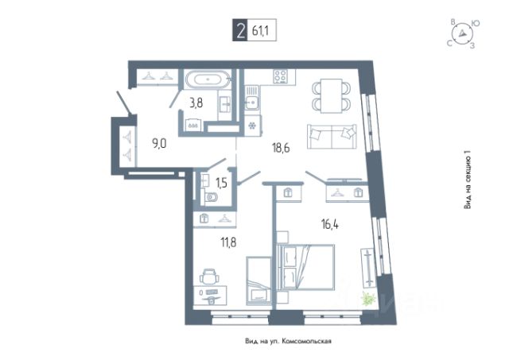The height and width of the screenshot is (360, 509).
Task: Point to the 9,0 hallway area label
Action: (x=159, y=144)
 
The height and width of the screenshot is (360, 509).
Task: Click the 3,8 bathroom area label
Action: (x=196, y=101)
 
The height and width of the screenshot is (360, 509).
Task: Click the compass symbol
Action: (x=460, y=33)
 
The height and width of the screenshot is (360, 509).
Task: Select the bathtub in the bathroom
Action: (x=208, y=79)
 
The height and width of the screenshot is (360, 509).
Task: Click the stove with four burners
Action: (x=280, y=78)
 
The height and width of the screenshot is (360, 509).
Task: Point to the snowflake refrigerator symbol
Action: (x=252, y=126)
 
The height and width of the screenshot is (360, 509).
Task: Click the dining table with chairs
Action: (x=329, y=94)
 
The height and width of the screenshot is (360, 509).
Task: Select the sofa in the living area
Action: (x=330, y=136)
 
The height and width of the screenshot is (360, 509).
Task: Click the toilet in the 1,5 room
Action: (x=212, y=195)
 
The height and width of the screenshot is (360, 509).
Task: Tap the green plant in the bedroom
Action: (x=367, y=300)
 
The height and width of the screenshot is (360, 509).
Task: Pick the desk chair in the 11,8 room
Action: (x=210, y=277)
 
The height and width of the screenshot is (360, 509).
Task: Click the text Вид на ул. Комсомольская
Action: (x=288, y=341)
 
